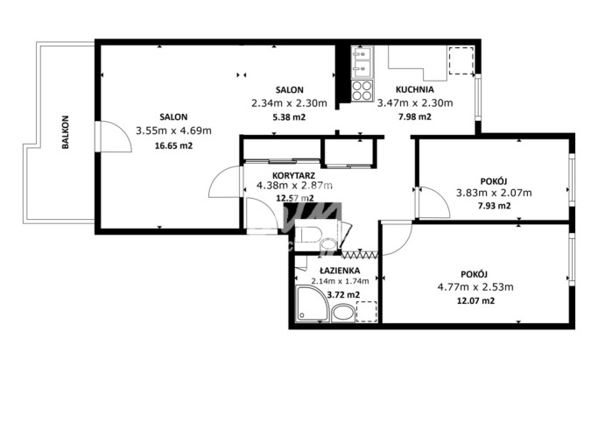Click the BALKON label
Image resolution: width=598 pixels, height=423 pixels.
(x=65, y=132)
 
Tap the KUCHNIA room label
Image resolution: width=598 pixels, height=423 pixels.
(x=414, y=89)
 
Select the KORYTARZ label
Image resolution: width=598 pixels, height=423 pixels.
(x=293, y=175)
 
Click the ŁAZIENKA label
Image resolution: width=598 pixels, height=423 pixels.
(x=340, y=271)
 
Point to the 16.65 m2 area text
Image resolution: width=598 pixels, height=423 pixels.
(x=173, y=145)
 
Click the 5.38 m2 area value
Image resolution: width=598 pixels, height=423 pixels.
(x=289, y=117)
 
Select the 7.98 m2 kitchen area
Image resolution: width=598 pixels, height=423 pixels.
(x=414, y=116)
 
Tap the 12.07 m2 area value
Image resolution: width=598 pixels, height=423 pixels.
(x=475, y=300)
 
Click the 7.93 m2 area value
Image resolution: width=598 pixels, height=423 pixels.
(x=494, y=206)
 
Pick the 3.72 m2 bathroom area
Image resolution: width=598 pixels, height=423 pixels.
(x=343, y=294)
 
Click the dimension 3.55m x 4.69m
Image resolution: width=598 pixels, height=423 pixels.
(x=173, y=130)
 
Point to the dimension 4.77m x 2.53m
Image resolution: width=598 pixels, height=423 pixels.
(x=475, y=286)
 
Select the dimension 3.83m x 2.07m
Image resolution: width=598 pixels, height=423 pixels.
(x=494, y=193)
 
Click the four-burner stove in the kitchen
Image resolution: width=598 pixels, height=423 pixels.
(x=362, y=90)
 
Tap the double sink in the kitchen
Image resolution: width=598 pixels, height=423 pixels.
(x=362, y=62)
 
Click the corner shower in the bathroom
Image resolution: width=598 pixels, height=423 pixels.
(x=312, y=303)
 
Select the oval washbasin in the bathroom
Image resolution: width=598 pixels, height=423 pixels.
(x=343, y=313)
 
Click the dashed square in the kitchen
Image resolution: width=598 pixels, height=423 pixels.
(x=461, y=60)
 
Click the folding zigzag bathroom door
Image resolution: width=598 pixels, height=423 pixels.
(x=359, y=255)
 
